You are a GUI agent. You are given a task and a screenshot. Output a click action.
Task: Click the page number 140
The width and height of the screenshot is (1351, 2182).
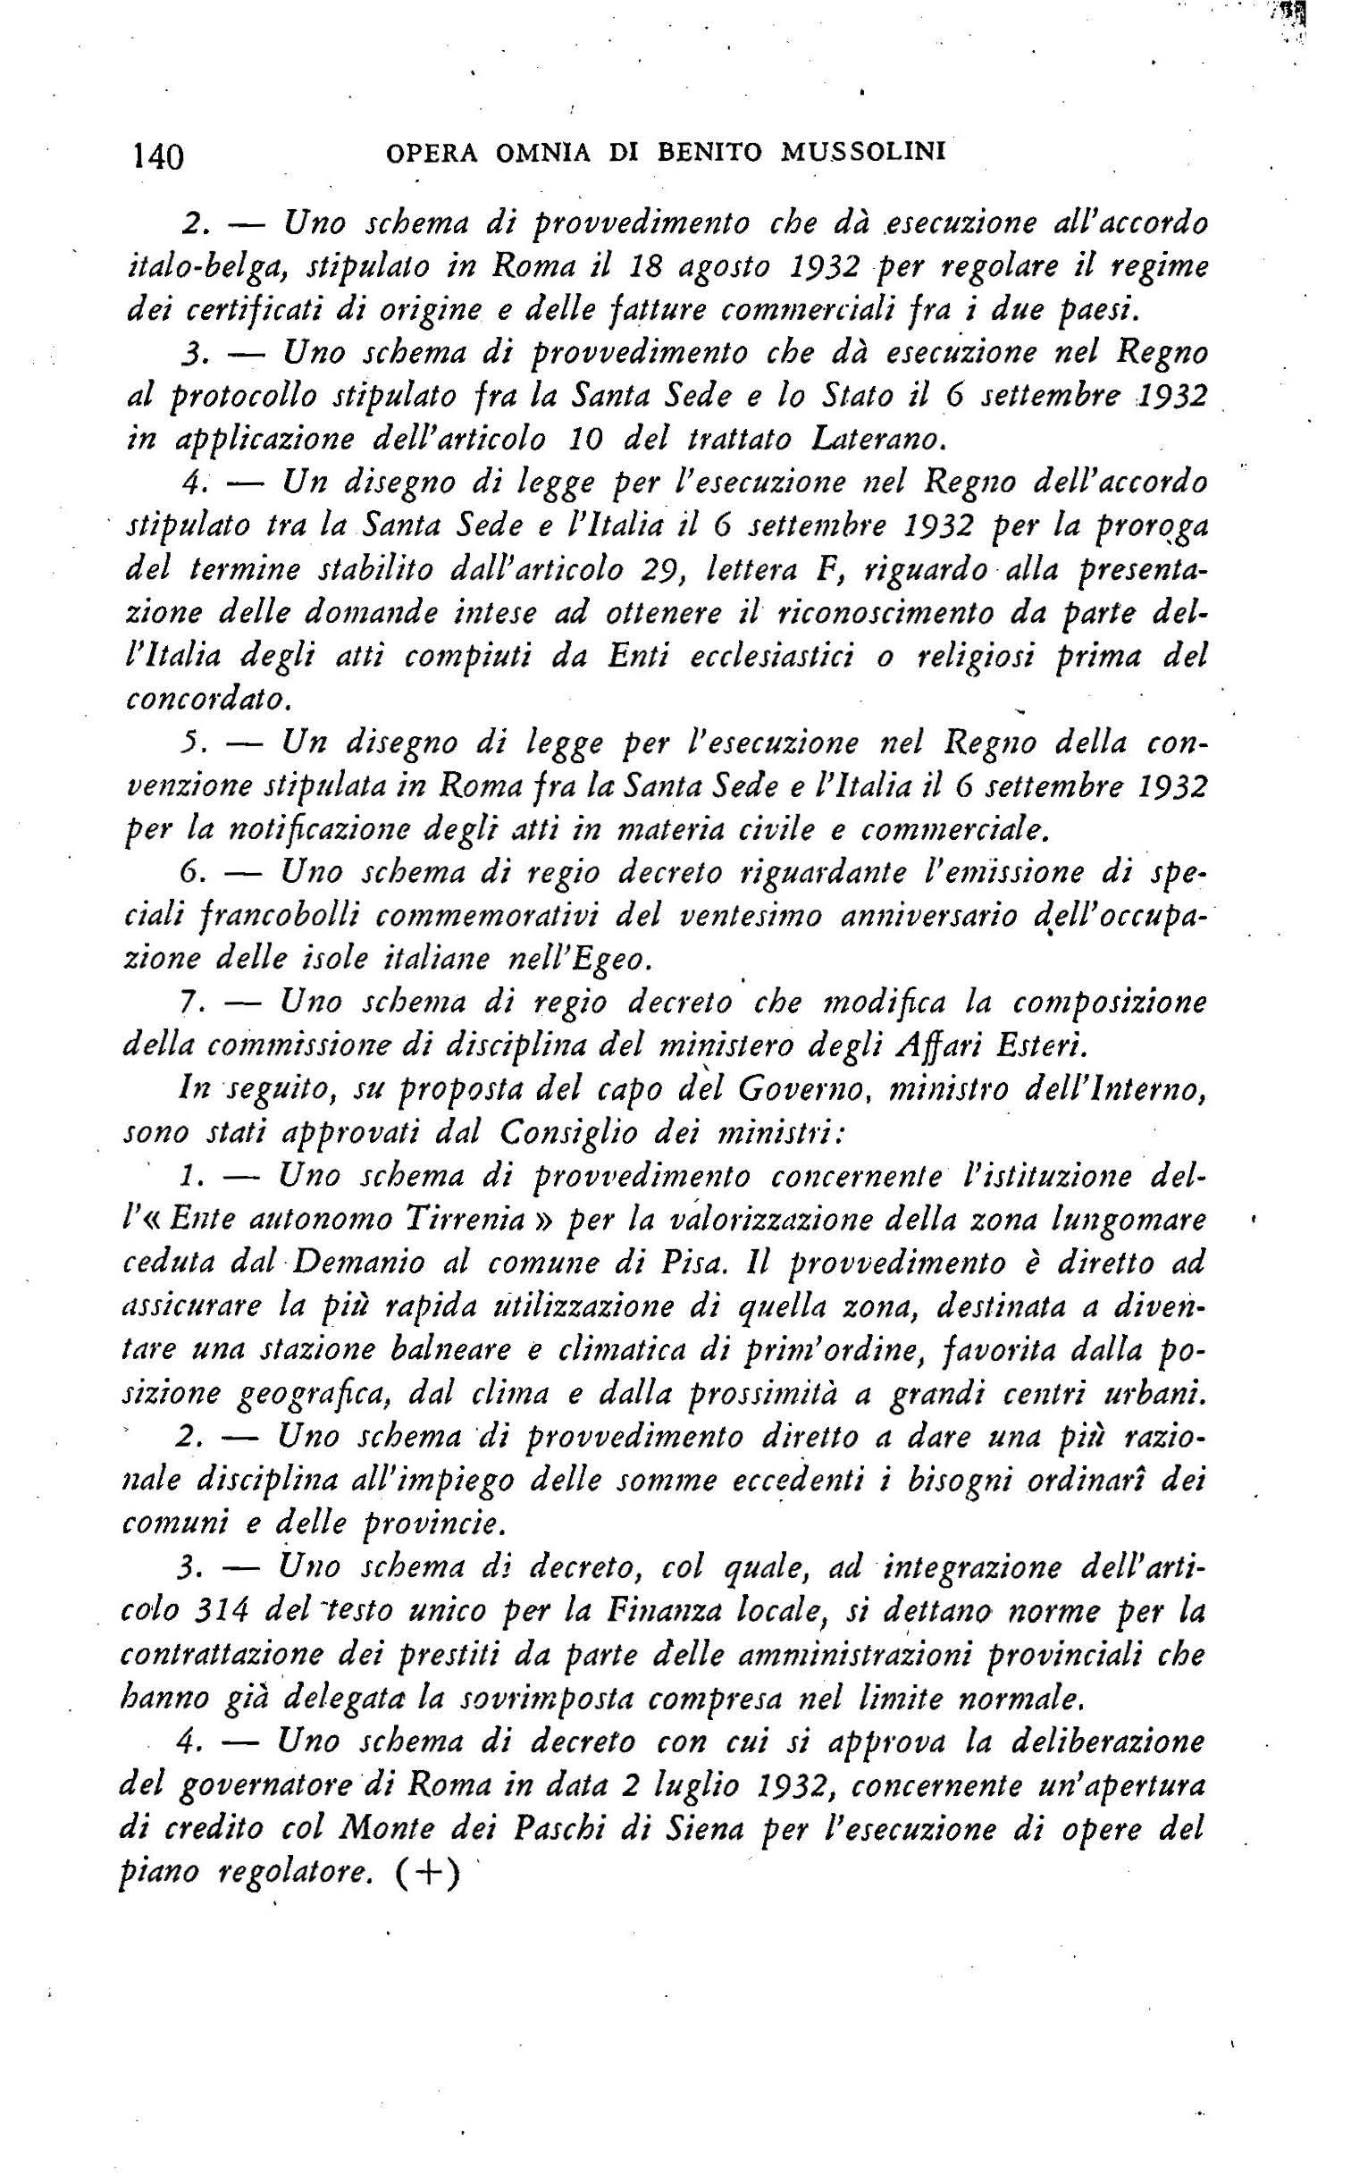point(157,156)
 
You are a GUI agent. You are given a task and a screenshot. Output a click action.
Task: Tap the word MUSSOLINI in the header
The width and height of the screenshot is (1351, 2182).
point(862,153)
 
